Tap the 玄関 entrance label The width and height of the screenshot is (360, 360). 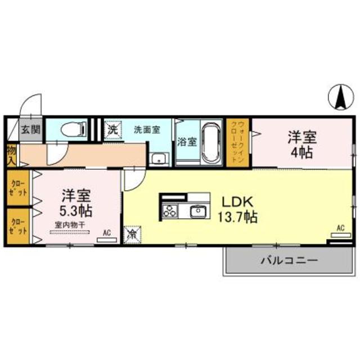(x=31, y=129)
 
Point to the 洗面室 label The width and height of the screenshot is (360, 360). (x=147, y=129)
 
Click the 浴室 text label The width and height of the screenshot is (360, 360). (x=186, y=142)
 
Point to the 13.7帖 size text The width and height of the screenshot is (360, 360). (x=238, y=216)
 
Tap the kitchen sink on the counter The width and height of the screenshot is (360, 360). (x=197, y=211)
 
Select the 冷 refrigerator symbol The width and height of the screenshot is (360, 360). (x=133, y=232)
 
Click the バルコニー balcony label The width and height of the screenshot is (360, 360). (x=289, y=261)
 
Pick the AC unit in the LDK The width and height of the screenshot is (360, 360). (x=339, y=235)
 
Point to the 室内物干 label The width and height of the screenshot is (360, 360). (x=70, y=225)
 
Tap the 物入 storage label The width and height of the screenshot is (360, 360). (x=11, y=154)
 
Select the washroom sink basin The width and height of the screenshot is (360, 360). (x=159, y=157)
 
